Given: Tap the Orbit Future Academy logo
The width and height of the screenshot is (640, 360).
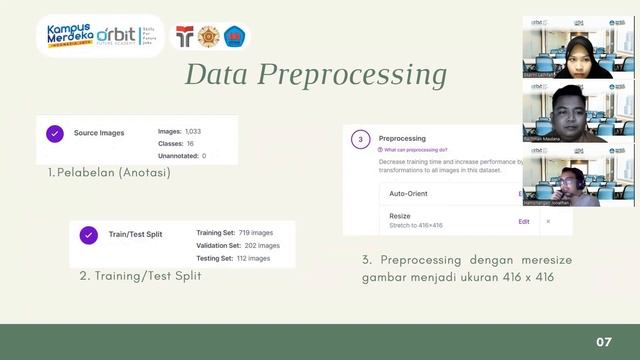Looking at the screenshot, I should click(x=131, y=36).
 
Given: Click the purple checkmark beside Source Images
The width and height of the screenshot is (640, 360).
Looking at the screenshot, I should click(x=55, y=133).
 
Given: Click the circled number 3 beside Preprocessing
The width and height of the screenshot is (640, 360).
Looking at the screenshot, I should click(x=360, y=139).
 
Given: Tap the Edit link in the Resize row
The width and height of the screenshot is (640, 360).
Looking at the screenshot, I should click(x=524, y=221).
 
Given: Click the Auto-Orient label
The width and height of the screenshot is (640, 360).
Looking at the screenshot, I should click(x=411, y=193).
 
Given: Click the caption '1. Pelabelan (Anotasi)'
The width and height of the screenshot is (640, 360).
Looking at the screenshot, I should click(x=109, y=172).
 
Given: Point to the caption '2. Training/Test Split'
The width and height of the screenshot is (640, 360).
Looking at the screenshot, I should click(x=140, y=275).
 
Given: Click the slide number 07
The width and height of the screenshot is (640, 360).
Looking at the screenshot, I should click(x=604, y=342).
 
